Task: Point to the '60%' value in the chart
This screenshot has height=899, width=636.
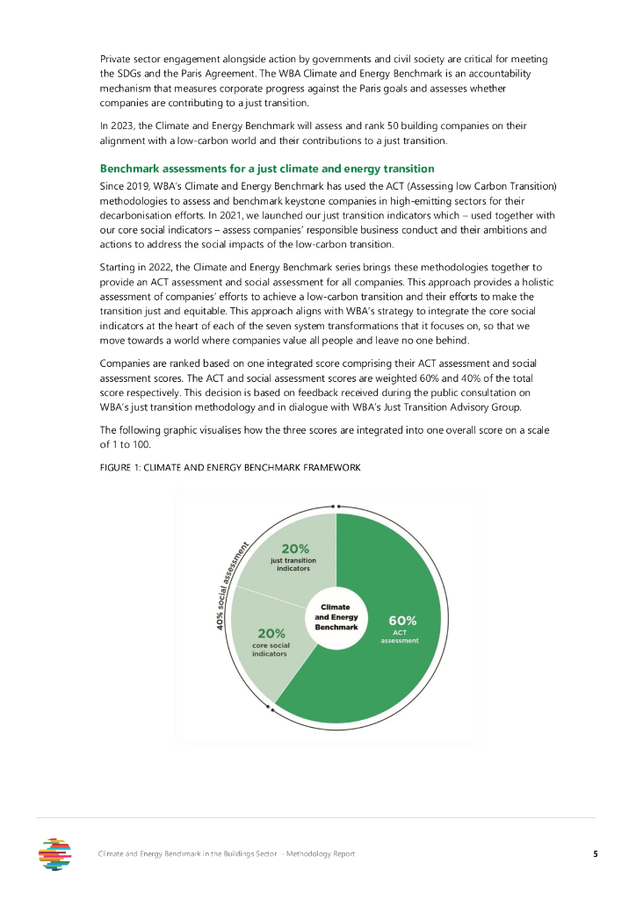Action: [x=402, y=620]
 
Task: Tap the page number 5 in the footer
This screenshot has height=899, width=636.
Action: [x=595, y=853]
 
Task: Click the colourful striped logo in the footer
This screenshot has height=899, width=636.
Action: [x=56, y=853]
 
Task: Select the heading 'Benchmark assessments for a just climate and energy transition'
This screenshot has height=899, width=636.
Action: [x=267, y=168]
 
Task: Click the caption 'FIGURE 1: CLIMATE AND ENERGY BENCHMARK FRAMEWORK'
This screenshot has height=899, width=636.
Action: [x=230, y=467]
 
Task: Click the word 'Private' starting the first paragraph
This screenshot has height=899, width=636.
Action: [x=117, y=59]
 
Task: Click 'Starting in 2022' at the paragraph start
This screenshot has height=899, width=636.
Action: [x=140, y=265]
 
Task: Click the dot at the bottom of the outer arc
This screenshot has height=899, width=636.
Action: [x=273, y=708]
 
